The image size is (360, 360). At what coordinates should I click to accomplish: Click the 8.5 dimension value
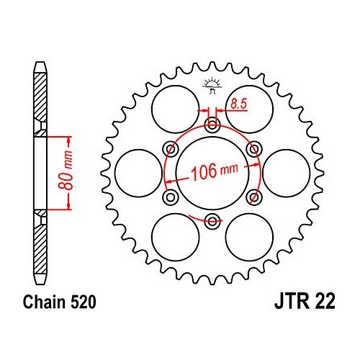(x=239, y=104)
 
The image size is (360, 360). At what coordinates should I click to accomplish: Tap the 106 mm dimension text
(x=215, y=171)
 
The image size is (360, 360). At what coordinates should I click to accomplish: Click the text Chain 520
(x=60, y=302)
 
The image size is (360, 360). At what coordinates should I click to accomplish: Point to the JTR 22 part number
(x=305, y=302)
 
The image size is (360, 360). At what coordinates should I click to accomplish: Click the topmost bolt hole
(x=212, y=125)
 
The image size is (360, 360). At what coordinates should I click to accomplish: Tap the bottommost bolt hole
(x=212, y=221)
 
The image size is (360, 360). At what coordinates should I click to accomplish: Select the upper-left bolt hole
(x=171, y=149)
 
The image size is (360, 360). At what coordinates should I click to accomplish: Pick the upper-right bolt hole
(x=254, y=149)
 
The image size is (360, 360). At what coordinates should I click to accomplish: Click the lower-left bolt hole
(x=171, y=197)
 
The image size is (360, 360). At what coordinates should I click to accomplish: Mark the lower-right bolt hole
(x=254, y=197)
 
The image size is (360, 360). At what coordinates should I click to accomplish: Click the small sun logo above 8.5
(x=212, y=86)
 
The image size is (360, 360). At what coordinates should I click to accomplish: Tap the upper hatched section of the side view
(x=40, y=97)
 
